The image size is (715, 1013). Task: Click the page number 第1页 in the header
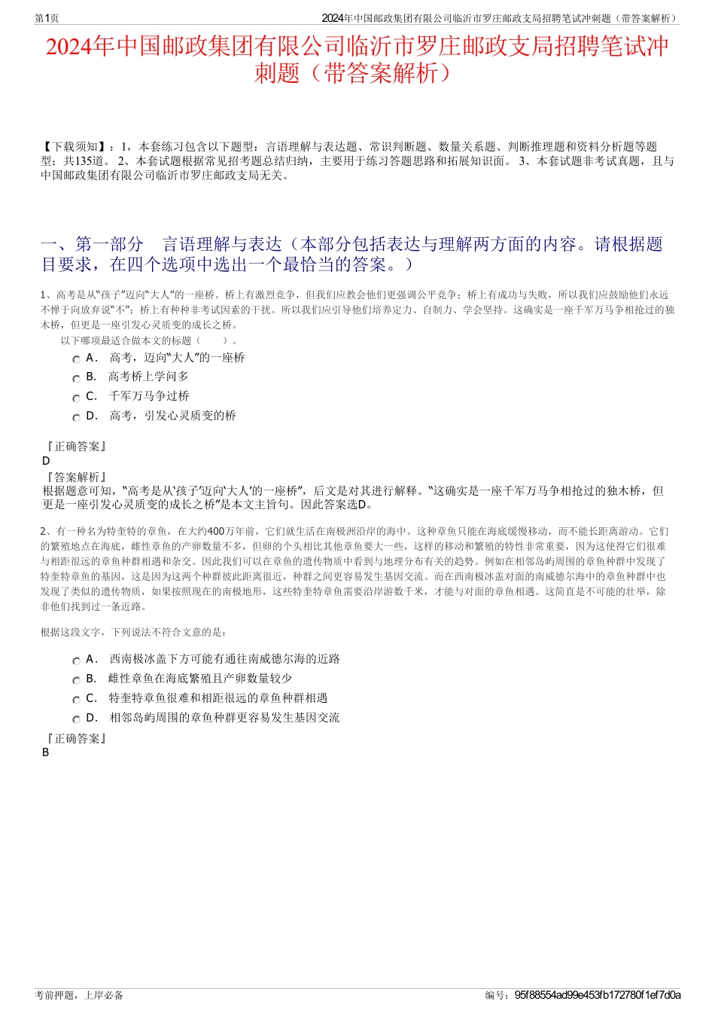tap(47, 18)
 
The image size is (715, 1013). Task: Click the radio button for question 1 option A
tap(76, 359)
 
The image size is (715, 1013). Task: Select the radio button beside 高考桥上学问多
tap(76, 378)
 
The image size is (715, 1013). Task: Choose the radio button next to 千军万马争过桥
tap(76, 398)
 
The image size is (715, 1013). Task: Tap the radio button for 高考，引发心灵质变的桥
tap(76, 417)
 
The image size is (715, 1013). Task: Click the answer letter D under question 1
tap(46, 461)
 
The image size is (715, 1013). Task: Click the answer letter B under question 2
tap(46, 752)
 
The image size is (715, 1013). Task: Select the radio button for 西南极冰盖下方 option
tap(76, 661)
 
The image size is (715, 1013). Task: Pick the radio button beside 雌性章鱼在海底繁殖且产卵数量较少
tap(76, 680)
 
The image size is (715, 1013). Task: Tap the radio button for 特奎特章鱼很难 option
tap(76, 700)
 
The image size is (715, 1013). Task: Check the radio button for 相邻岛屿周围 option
tap(76, 719)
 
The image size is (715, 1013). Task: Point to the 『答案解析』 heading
tap(76, 477)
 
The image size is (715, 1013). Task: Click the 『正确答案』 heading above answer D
tap(76, 447)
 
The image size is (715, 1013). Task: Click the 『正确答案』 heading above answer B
tap(76, 739)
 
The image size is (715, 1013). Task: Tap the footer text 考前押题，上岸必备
tap(79, 995)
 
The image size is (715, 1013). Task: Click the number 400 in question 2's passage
tap(214, 531)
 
